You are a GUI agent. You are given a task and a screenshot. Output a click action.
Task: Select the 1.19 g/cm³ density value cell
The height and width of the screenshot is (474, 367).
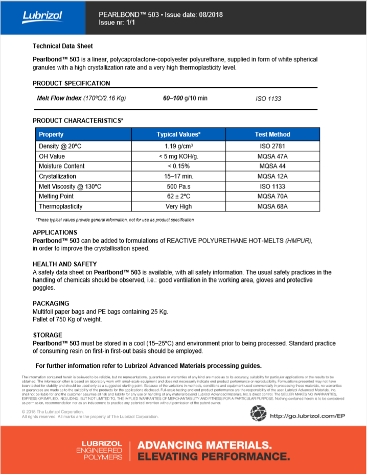coord(178,146)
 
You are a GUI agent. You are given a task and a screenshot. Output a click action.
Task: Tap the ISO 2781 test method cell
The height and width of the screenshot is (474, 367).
coord(272,146)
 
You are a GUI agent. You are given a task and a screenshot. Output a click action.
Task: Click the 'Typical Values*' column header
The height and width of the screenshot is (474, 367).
coord(178,134)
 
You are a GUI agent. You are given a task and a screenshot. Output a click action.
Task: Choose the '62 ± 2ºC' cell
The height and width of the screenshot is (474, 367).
coord(178,196)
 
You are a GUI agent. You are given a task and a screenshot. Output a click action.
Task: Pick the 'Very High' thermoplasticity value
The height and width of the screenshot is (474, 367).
coord(178,206)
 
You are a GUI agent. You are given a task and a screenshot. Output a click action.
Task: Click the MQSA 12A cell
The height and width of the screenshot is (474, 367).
coord(272,176)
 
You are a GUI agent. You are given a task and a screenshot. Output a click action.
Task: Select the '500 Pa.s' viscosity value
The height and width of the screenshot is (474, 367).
coord(178,186)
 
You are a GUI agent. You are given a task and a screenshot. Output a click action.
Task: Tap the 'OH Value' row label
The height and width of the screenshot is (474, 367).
coord(52,156)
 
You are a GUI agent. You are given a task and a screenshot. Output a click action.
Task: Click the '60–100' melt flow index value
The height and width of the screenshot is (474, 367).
coord(174,98)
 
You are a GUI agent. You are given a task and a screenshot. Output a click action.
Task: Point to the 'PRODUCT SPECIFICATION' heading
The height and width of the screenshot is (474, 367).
coord(71,83)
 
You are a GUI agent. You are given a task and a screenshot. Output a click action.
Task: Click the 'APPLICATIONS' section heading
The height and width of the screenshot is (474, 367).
coord(55,232)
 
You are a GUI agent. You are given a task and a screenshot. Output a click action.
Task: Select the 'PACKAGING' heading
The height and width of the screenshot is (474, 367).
coord(51,303)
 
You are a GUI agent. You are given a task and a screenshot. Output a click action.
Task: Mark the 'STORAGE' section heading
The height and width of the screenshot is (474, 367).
coord(48,335)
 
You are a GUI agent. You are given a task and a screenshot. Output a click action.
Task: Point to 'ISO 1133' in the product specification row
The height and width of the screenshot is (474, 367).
coord(268,99)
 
